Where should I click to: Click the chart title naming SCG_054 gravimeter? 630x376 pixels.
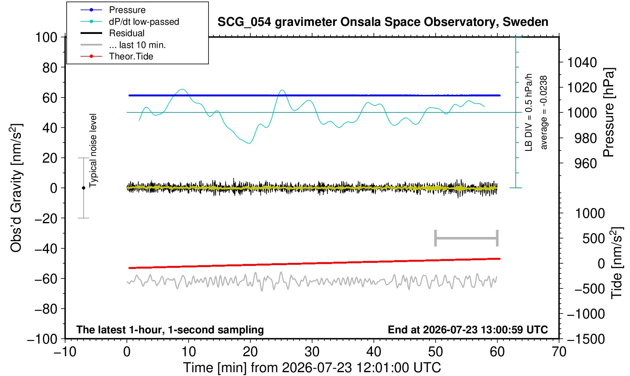click(383, 22)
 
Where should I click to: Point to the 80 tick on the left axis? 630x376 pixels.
click(50, 68)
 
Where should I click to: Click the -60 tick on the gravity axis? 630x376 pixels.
click(46, 279)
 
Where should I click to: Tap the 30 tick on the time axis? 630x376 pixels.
click(312, 352)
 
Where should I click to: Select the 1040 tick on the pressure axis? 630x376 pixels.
click(582, 62)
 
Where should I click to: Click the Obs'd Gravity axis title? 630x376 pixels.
click(16, 188)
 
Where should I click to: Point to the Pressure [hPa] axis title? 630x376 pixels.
click(609, 112)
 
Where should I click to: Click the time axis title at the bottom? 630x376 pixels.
click(312, 368)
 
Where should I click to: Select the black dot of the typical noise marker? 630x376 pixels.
click(83, 188)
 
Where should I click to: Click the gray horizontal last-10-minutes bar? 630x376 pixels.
click(466, 238)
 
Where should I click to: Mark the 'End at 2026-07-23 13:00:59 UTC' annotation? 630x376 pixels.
click(468, 330)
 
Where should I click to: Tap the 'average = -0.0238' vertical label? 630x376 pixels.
click(544, 112)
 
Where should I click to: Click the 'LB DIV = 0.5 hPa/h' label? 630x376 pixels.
click(529, 112)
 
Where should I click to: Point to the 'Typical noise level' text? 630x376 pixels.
click(93, 150)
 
